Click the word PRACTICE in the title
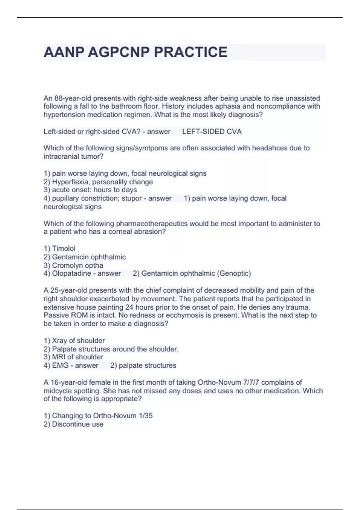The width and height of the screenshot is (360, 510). coord(190,52)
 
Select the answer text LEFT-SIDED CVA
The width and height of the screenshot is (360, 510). coord(212,132)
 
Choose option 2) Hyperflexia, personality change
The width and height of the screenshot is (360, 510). coord(98,182)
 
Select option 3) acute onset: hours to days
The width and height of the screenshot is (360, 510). coord(90,190)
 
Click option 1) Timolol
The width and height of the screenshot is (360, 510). coord(59,248)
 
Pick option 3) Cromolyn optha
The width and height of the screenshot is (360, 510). coord(73,265)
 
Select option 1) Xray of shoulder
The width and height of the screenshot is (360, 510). coord(74,340)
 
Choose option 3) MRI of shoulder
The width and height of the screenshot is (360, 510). coord(73,357)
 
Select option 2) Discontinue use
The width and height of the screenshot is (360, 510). coord(73,424)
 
